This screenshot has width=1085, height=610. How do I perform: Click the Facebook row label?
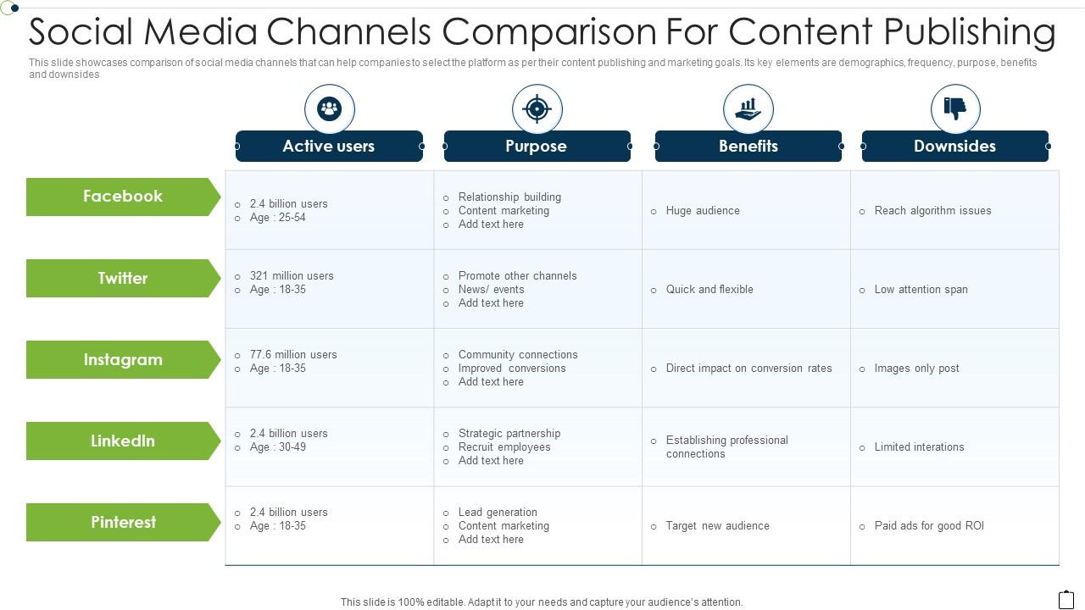[123, 197]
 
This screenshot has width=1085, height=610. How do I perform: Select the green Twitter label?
[123, 278]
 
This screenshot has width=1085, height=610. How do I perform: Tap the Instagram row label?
[123, 359]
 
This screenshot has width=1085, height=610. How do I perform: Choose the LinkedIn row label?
[123, 441]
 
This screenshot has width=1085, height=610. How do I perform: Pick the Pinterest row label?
[123, 522]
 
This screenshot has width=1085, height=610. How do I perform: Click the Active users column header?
[329, 146]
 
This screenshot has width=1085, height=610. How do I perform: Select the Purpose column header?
[537, 146]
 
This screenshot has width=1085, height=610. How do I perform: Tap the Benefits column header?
[748, 146]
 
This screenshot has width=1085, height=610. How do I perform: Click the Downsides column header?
[954, 146]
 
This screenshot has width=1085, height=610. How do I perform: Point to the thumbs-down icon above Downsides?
[955, 108]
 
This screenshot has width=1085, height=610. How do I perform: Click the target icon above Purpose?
[537, 108]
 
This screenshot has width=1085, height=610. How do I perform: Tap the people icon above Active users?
[329, 108]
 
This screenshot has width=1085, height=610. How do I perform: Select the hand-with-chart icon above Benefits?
[748, 108]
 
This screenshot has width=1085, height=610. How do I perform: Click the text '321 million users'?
[292, 275]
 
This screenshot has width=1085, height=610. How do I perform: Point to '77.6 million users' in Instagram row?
[293, 354]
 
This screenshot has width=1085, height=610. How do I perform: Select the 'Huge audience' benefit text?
[703, 210]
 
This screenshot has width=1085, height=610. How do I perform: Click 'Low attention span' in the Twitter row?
[921, 289]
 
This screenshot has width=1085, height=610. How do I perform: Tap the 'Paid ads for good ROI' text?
[929, 525]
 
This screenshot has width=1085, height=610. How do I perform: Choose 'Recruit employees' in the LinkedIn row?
[504, 446]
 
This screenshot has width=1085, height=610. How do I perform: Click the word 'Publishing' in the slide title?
[970, 32]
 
